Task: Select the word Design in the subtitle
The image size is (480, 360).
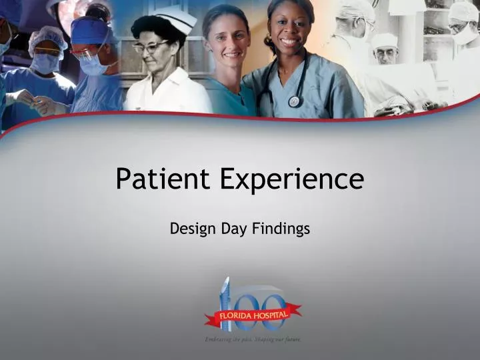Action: [190, 229]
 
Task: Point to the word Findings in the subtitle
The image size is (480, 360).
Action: [281, 229]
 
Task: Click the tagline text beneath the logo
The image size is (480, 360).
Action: [253, 339]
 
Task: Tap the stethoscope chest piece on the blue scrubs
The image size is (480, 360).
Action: [294, 101]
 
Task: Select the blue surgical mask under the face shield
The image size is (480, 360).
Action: [94, 64]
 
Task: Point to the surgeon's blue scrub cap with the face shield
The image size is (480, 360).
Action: [90, 30]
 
